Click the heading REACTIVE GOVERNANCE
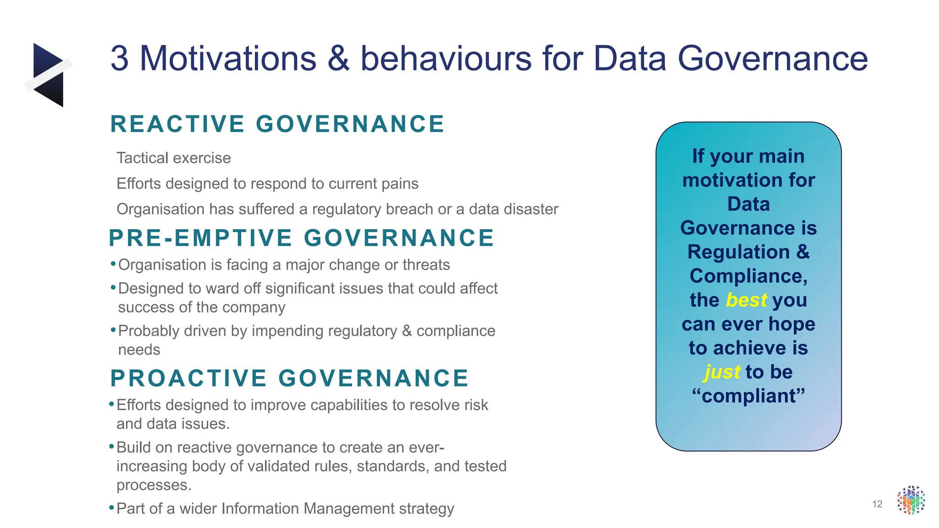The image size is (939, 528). (x=277, y=124)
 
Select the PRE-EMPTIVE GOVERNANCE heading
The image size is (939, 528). (x=301, y=238)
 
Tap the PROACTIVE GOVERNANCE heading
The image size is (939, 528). (x=289, y=378)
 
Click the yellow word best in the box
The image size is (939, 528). (x=746, y=300)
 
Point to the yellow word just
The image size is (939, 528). (x=722, y=372)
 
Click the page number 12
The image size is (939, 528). (x=877, y=504)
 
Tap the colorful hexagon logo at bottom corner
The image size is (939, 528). (x=911, y=500)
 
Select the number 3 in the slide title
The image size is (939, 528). (x=119, y=59)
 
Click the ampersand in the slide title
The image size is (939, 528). (x=338, y=59)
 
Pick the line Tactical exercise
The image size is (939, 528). (x=174, y=158)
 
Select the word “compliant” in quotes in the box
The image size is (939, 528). (x=748, y=396)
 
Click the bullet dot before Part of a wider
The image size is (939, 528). (x=111, y=508)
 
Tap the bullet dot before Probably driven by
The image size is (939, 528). (x=113, y=330)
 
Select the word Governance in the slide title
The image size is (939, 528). (x=772, y=59)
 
